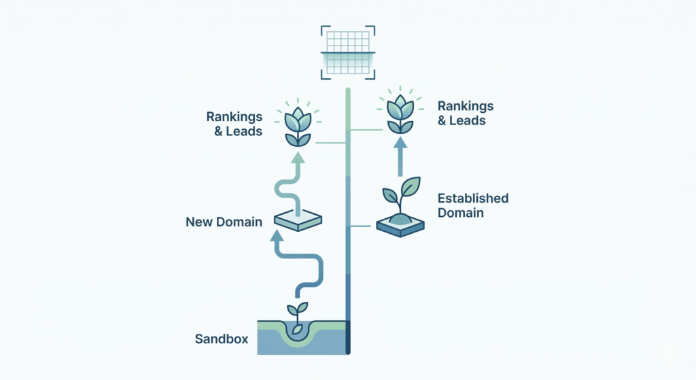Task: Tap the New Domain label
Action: (224, 222)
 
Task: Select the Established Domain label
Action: (473, 205)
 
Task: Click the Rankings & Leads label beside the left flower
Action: (234, 124)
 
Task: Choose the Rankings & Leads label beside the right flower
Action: (466, 114)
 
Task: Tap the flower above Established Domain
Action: (400, 112)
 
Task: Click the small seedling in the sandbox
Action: (297, 317)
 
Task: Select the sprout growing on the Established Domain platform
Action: (400, 194)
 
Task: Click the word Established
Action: (473, 198)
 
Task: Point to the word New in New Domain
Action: (199, 222)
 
